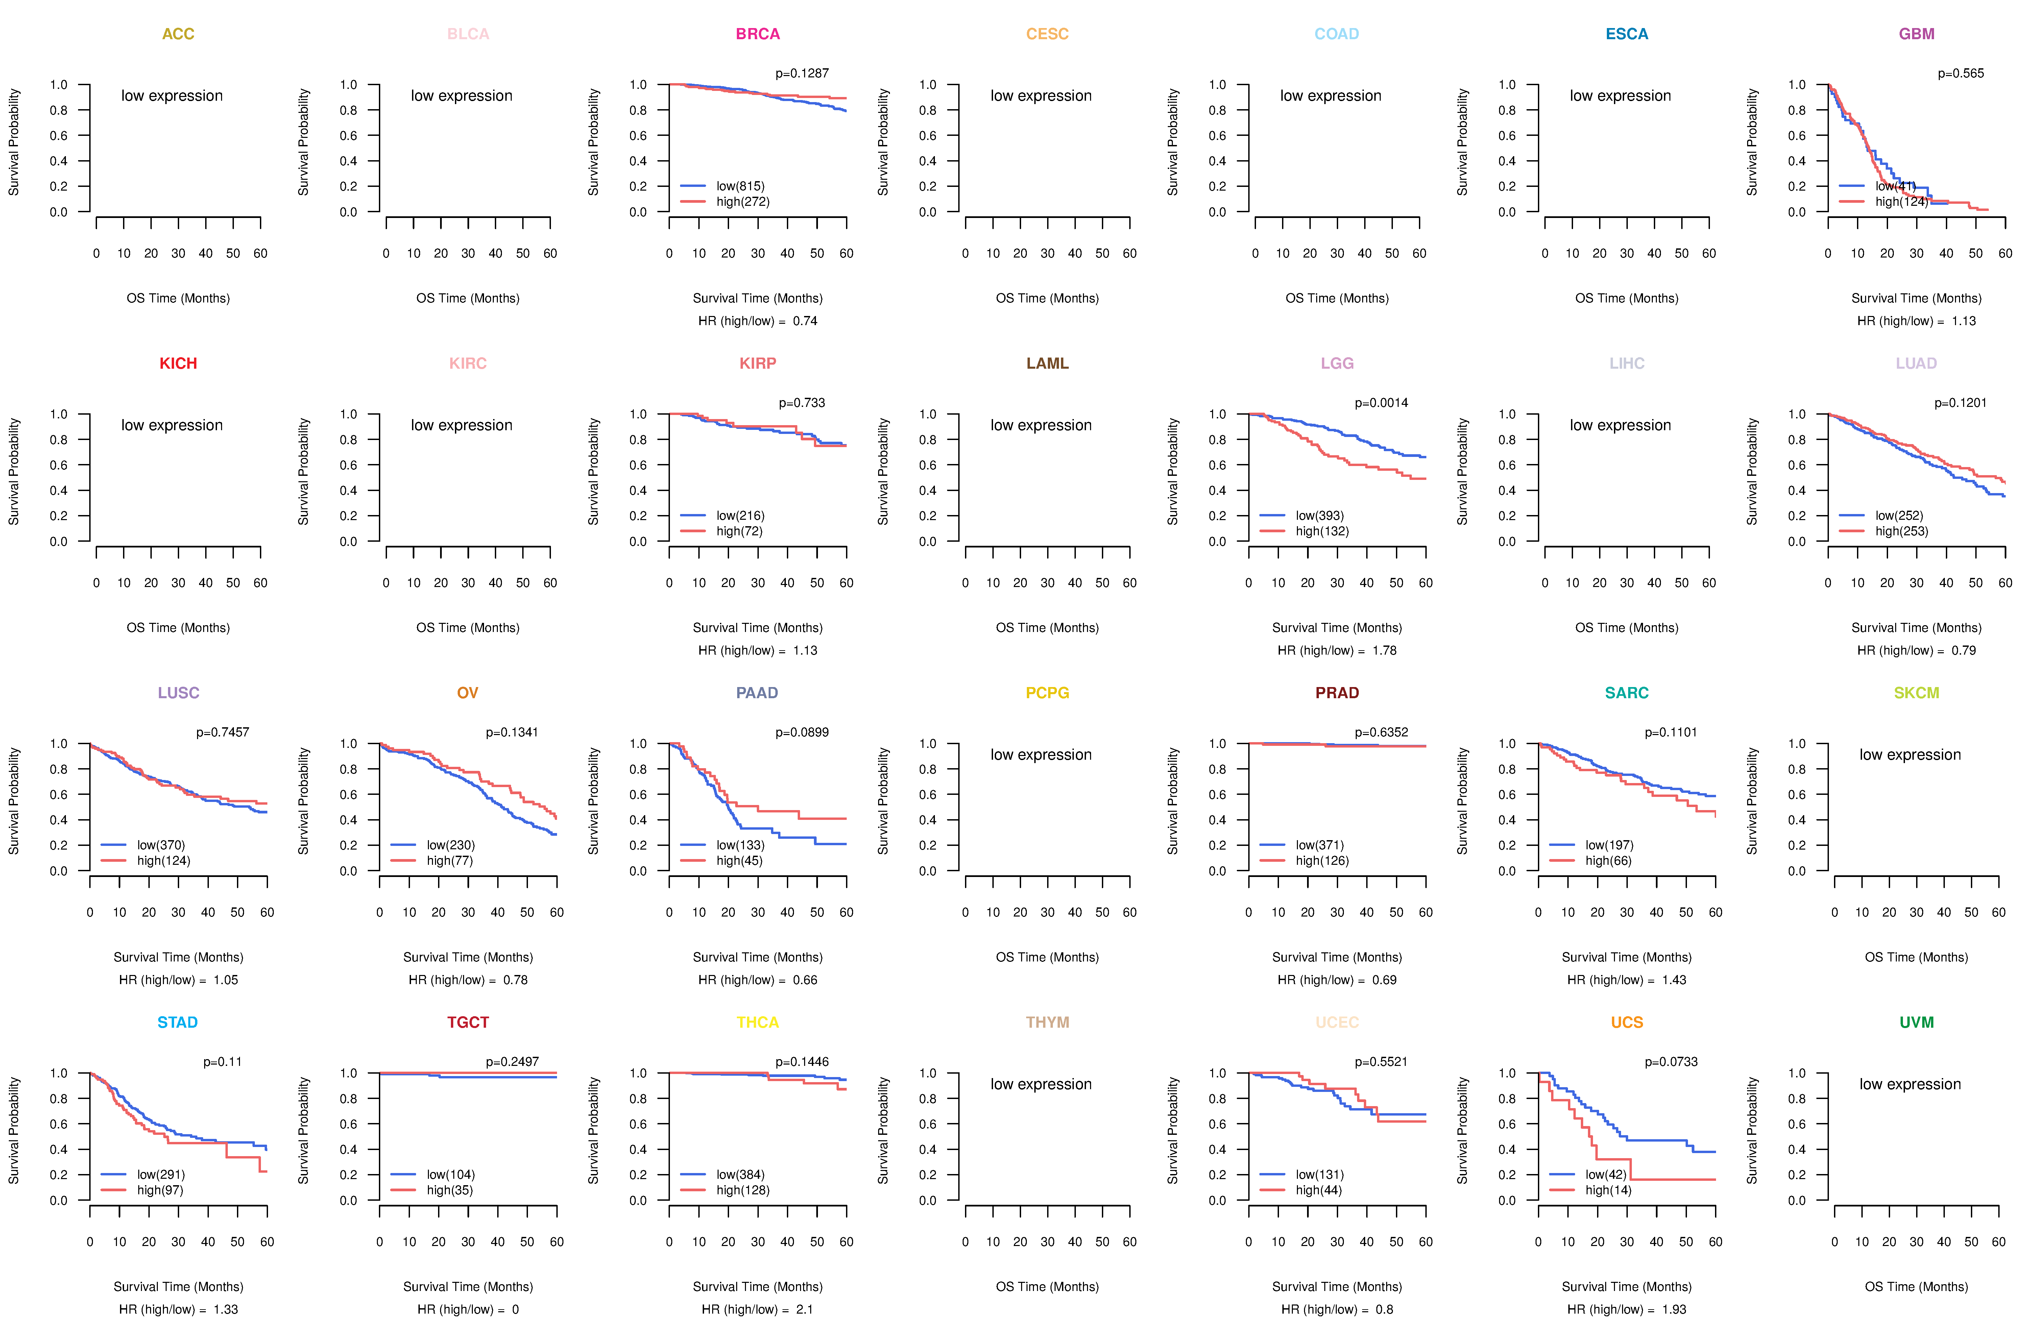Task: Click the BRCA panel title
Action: click(x=757, y=34)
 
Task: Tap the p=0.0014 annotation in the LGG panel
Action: click(x=1381, y=403)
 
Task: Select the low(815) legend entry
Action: click(x=740, y=186)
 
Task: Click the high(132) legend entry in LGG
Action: click(x=1322, y=531)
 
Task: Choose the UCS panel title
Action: click(x=1627, y=1022)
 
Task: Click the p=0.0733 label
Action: click(x=1671, y=1061)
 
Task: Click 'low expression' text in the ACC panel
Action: click(x=172, y=95)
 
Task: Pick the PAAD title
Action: click(x=757, y=693)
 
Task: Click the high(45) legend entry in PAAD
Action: click(x=739, y=860)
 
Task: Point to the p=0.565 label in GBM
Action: click(x=1961, y=73)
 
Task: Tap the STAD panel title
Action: click(x=177, y=1022)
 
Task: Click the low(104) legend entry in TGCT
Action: click(x=451, y=1174)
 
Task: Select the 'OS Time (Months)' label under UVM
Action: click(x=1916, y=1287)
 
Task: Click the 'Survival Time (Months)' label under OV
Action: click(x=468, y=957)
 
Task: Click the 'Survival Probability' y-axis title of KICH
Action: click(x=14, y=471)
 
